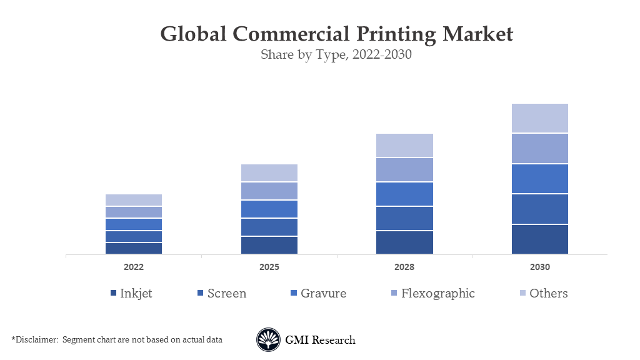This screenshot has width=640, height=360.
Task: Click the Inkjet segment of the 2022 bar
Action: [134, 248]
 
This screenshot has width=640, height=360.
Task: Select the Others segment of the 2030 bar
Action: [540, 118]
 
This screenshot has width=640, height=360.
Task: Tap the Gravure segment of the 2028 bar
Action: [404, 194]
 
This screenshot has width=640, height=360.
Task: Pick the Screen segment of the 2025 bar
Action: [269, 227]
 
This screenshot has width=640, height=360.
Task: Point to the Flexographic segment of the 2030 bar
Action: [540, 148]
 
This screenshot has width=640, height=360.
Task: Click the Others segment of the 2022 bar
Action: [134, 200]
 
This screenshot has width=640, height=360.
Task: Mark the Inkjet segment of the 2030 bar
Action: [540, 239]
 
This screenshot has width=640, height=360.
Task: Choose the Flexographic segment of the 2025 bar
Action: [269, 191]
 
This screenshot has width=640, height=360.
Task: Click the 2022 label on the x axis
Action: [134, 267]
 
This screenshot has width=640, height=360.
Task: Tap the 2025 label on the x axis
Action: [269, 267]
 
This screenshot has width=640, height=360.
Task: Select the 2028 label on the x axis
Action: [404, 267]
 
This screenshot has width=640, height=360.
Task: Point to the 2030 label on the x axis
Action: [540, 267]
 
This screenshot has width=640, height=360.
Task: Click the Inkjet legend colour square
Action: [113, 294]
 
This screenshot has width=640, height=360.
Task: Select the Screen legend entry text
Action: [227, 293]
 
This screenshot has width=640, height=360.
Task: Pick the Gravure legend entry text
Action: [323, 293]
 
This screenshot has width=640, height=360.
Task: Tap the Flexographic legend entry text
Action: [438, 293]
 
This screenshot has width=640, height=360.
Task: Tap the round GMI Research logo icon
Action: [268, 340]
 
